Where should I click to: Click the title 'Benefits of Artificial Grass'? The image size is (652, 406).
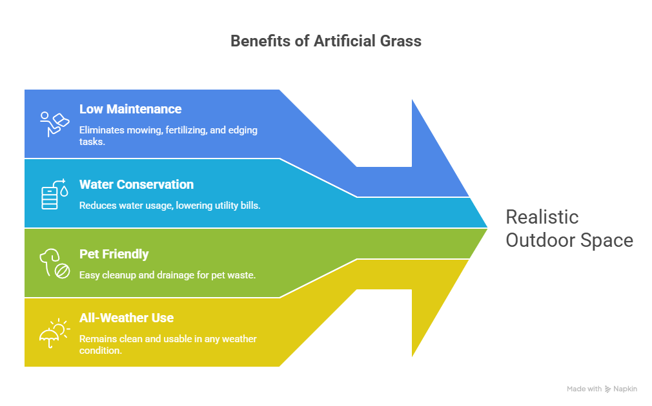[326, 41]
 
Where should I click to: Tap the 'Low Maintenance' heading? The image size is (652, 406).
[130, 109]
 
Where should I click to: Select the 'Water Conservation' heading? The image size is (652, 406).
[136, 184]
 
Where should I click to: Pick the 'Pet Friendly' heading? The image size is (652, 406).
[114, 254]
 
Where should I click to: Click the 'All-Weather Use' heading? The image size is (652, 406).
[127, 318]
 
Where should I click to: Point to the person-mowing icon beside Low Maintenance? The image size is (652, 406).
[54, 123]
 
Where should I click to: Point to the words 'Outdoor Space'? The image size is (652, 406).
[569, 240]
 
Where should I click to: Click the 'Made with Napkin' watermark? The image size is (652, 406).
[602, 389]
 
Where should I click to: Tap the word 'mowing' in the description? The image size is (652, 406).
[143, 130]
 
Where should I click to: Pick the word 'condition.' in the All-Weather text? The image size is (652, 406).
[101, 351]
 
